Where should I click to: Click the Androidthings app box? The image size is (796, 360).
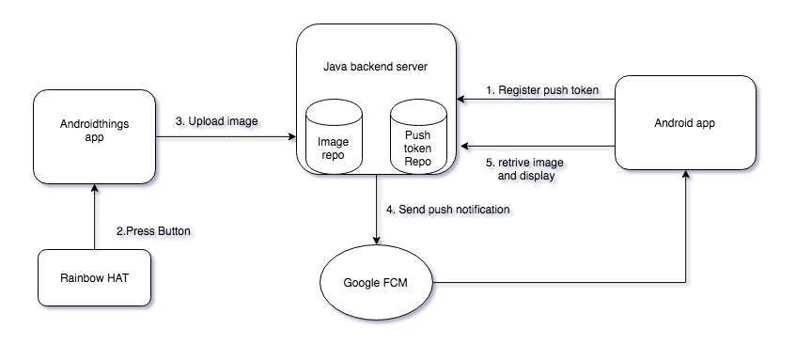(x=94, y=137)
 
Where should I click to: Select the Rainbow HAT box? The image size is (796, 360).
(x=94, y=278)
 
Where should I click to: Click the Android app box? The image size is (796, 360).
(x=686, y=123)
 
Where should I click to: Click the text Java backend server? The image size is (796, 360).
(x=377, y=66)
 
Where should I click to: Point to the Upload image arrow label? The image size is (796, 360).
(x=219, y=124)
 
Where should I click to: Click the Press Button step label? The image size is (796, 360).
(x=156, y=232)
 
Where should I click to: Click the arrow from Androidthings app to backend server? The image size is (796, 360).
(x=226, y=140)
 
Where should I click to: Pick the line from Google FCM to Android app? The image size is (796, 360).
(x=564, y=283)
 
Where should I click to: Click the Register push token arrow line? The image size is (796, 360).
(x=536, y=102)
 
